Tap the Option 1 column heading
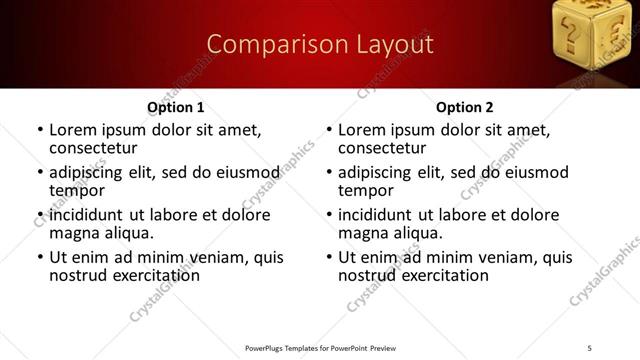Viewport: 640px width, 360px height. click(175, 107)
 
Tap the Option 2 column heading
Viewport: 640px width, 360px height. click(464, 107)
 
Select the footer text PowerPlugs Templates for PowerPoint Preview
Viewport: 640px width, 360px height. click(320, 347)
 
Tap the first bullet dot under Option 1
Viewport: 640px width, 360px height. click(39, 131)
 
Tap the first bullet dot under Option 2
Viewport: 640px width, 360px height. click(328, 131)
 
